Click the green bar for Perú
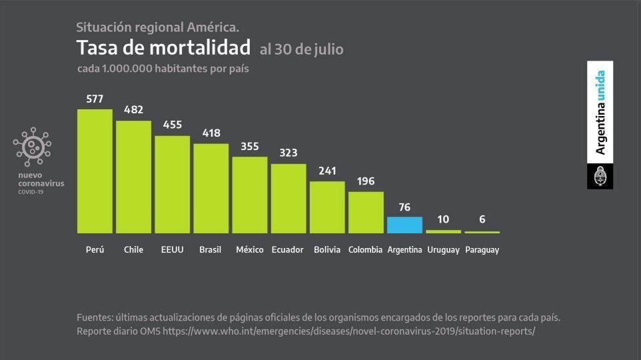(x=95, y=171)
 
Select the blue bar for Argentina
(x=404, y=225)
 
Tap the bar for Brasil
(x=211, y=188)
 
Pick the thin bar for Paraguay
(x=482, y=232)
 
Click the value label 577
(x=95, y=99)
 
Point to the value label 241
(x=327, y=171)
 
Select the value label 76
(x=404, y=207)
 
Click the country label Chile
(x=133, y=250)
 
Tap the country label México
(x=249, y=250)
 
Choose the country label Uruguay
(x=443, y=250)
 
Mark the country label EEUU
(x=172, y=250)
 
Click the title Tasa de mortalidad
(x=163, y=48)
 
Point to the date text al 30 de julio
(x=301, y=49)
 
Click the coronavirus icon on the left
(x=32, y=147)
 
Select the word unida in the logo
(x=600, y=85)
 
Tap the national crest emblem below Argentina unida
(x=600, y=177)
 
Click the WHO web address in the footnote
(x=348, y=331)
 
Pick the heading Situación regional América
(x=157, y=27)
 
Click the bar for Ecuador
(x=289, y=198)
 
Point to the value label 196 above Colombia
(x=366, y=181)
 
